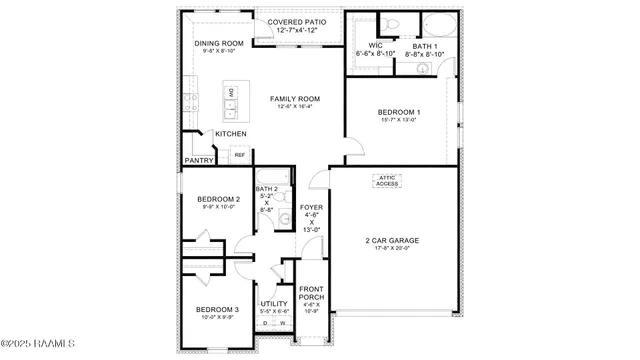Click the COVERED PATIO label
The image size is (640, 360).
(x=289, y=21)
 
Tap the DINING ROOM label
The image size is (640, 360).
(x=218, y=43)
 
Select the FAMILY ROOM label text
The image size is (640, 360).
(x=294, y=99)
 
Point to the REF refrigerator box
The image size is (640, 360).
(x=240, y=155)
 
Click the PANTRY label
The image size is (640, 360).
(x=198, y=160)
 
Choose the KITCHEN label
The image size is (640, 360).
(x=231, y=133)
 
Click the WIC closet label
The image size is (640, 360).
(x=376, y=46)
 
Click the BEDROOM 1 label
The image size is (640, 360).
(x=399, y=112)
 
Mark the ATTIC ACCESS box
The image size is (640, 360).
(x=388, y=181)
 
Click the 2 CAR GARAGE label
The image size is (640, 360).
(x=392, y=241)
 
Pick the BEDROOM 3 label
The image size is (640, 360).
(x=216, y=310)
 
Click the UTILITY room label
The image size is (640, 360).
(x=274, y=303)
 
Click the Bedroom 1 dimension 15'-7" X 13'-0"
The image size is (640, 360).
(x=399, y=120)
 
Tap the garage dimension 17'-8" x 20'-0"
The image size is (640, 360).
(x=392, y=249)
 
